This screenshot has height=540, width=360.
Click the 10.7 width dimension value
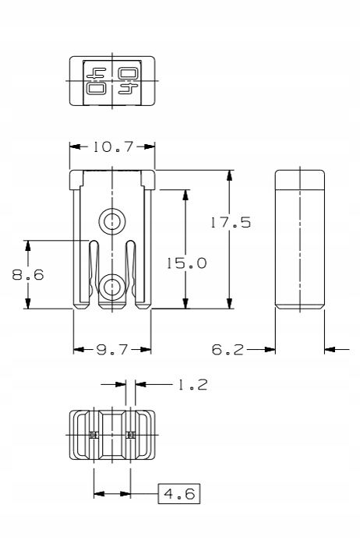click(113, 147)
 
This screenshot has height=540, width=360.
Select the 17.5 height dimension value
click(231, 223)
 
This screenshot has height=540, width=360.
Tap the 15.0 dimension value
click(187, 263)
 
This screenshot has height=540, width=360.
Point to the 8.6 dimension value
click(28, 274)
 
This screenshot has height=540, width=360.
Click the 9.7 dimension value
click(112, 350)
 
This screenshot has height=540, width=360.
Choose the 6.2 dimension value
click(228, 350)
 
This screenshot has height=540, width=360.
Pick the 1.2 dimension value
click(192, 385)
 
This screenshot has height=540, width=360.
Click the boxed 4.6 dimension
click(179, 494)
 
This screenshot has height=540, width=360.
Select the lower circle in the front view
click(112, 287)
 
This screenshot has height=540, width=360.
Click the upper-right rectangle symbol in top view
click(129, 73)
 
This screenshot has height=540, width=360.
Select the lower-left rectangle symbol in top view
click(97, 89)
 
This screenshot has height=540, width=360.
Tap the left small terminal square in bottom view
click(94, 435)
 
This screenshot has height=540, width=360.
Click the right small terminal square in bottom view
click(130, 435)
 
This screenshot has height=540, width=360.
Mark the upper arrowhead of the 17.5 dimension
click(229, 175)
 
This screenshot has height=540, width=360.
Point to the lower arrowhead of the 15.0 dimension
click(185, 303)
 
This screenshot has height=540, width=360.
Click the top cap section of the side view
click(300, 180)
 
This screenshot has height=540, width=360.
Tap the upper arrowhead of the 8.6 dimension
click(28, 245)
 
